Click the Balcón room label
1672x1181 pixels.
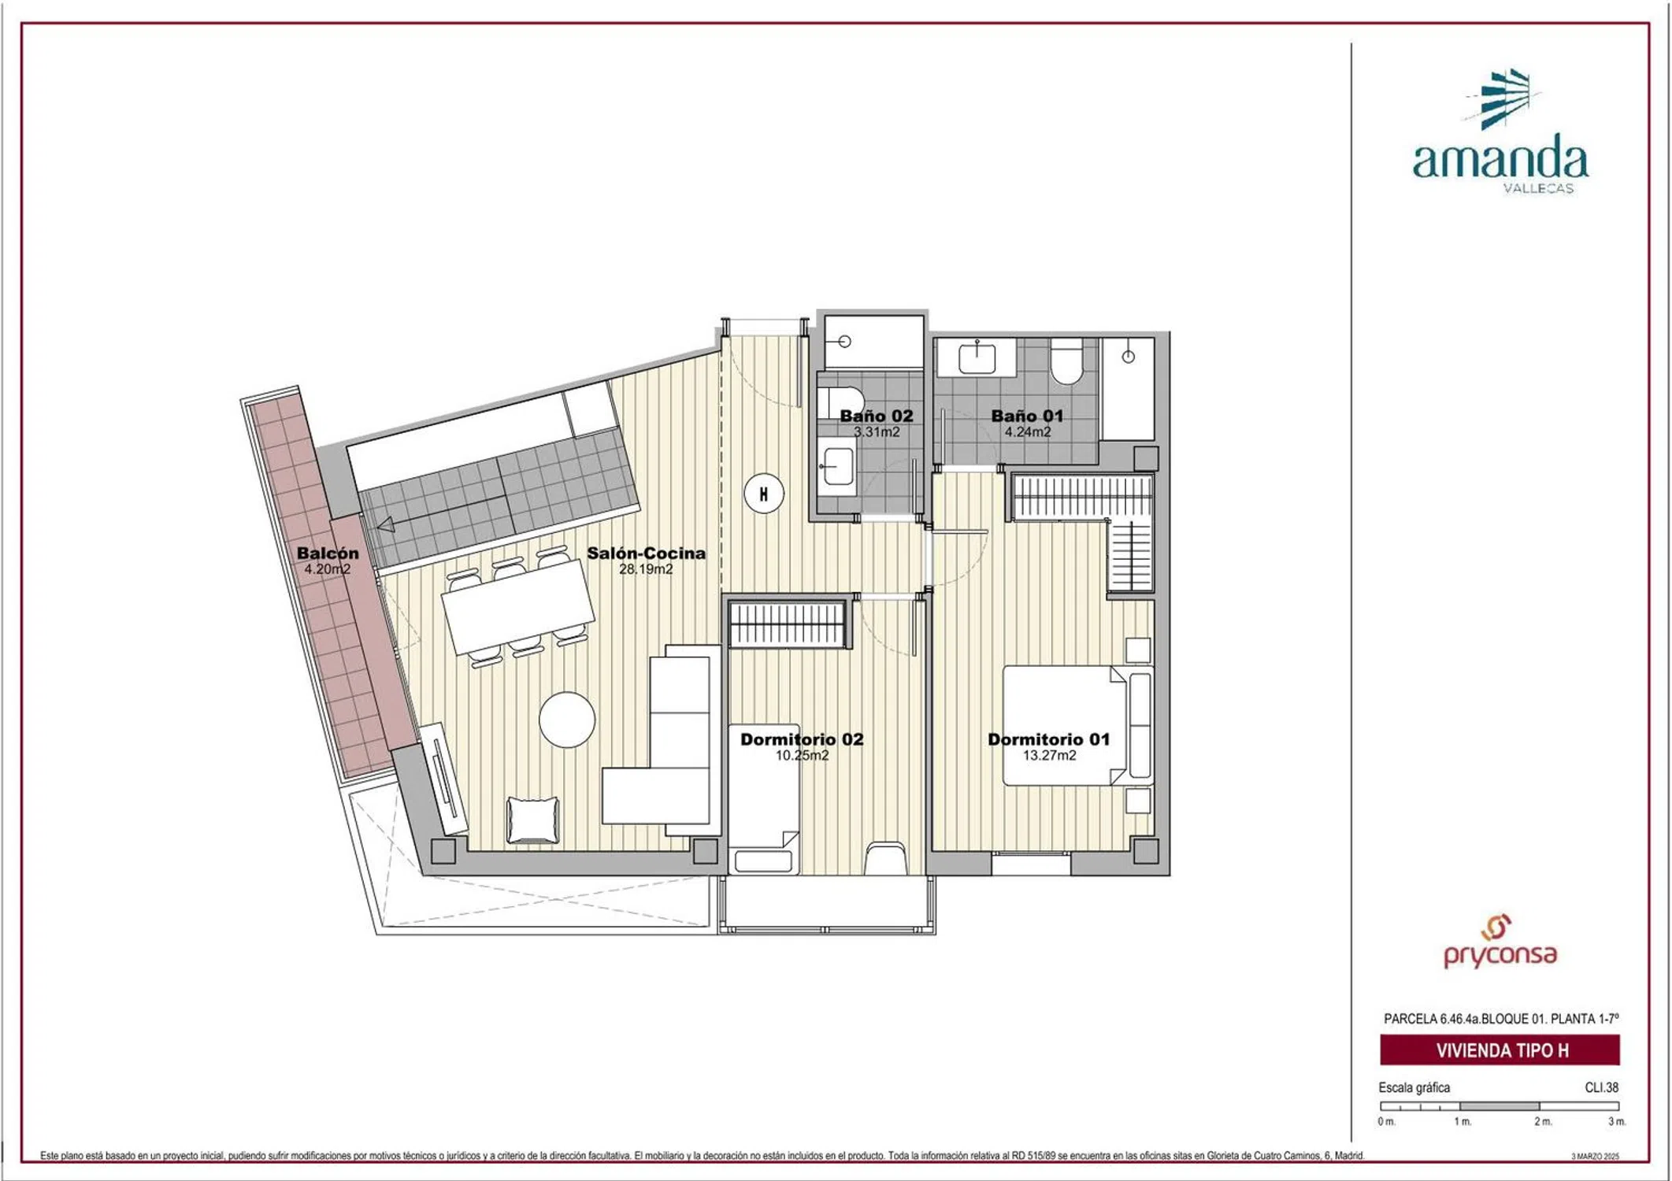[328, 553]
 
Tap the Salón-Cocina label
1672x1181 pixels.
[646, 553]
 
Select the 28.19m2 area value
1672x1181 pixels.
[646, 569]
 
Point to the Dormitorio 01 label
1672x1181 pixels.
[1048, 739]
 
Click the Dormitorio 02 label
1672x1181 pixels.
[802, 739]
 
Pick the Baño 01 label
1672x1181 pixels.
[1027, 416]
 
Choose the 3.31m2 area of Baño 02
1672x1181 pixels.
[877, 431]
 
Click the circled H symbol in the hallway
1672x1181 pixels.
[763, 494]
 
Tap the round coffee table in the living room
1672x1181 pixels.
[567, 719]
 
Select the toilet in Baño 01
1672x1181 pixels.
[1066, 361]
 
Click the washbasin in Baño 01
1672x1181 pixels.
[977, 358]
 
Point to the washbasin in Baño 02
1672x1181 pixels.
[836, 467]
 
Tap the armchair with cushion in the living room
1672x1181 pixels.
[533, 820]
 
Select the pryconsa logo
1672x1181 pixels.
[1500, 942]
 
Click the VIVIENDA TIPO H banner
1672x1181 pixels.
[1500, 1050]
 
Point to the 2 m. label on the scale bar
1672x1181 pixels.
[1543, 1121]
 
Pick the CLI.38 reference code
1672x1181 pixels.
[1601, 1087]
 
